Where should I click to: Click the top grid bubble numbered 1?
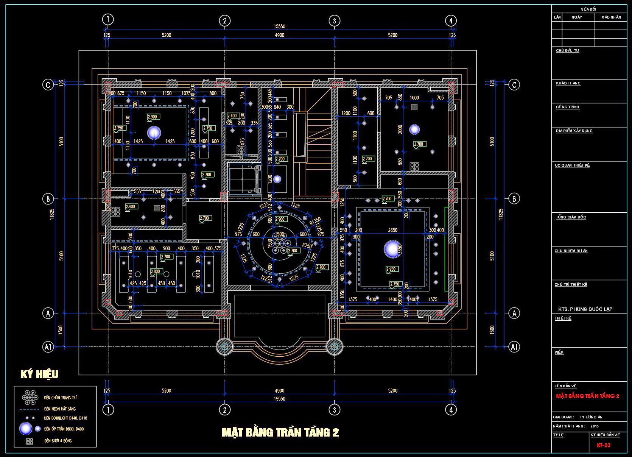[x=108, y=20]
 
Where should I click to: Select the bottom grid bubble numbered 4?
[x=451, y=410]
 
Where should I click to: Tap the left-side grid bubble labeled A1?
[x=48, y=347]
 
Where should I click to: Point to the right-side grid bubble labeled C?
[x=514, y=84]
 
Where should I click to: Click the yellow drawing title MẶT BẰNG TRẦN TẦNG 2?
[x=280, y=432]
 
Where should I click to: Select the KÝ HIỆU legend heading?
[x=39, y=374]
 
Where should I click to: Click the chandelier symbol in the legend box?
[x=30, y=397]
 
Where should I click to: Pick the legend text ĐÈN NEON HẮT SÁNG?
[x=60, y=409]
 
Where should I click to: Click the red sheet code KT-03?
[x=604, y=445]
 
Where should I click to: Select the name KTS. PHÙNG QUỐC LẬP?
[x=585, y=309]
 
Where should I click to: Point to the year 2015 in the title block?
[x=595, y=426]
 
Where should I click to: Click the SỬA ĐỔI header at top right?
[x=588, y=9]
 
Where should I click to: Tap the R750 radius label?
[x=307, y=245]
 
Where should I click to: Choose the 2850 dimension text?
[x=393, y=230]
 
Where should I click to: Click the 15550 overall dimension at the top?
[x=279, y=27]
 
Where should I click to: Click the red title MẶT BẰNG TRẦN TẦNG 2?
[x=587, y=396]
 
